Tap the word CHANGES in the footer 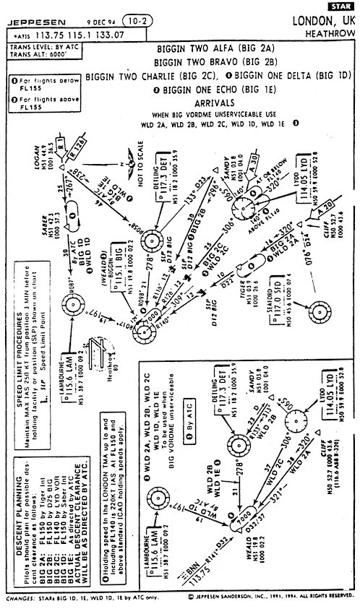pos(20,598)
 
